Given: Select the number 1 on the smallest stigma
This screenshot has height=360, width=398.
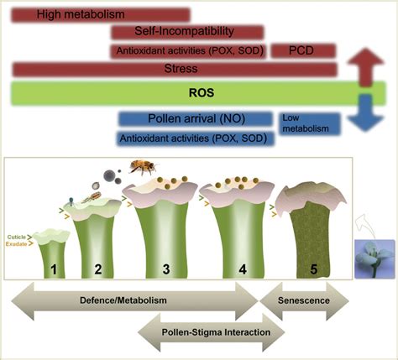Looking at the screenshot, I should [53, 269].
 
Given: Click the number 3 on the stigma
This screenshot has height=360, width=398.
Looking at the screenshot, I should [165, 269].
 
